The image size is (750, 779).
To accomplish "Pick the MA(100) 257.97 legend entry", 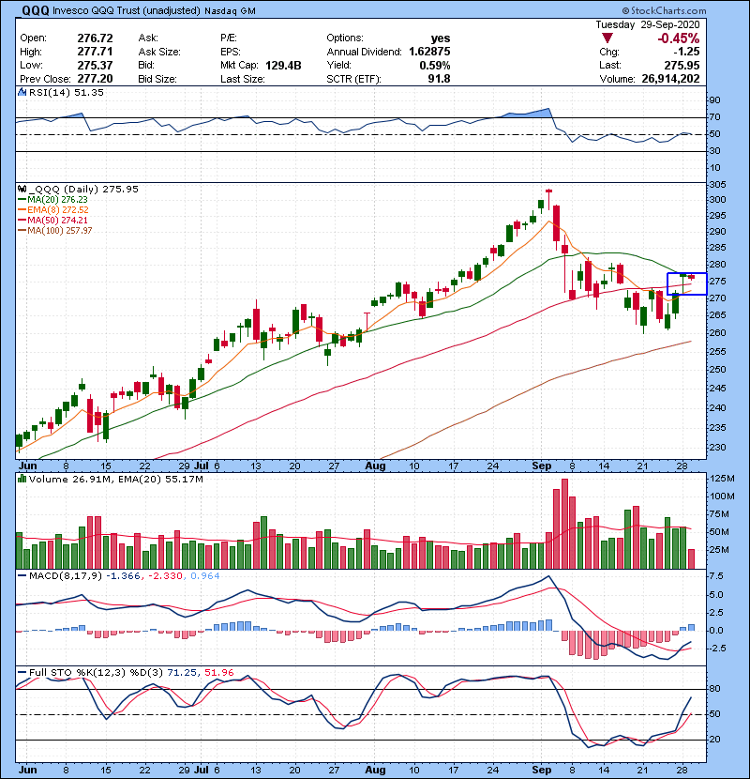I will coord(62,230).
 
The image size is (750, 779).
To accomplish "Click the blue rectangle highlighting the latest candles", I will coord(686,283).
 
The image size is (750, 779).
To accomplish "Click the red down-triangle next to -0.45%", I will coord(607,39).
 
